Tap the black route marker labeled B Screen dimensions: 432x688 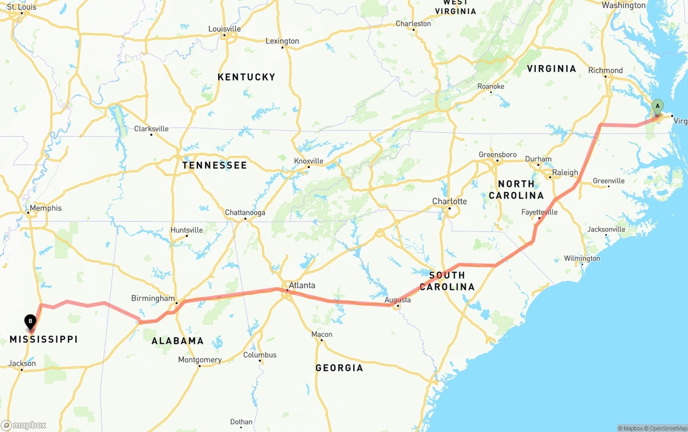coord(31,322)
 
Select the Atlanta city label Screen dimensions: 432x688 coord(302,285)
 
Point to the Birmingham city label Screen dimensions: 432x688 coord(153,298)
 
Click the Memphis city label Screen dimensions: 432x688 coord(46,208)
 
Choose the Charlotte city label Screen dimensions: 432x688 coord(449,201)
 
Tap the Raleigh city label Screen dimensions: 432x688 coord(565,173)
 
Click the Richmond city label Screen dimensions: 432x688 coord(605,70)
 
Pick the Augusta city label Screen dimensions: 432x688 coord(398,300)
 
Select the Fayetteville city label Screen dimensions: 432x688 coord(539,212)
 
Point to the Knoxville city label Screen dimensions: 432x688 coord(309,161)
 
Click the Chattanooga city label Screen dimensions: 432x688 coord(245,213)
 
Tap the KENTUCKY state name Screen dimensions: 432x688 coord(246,77)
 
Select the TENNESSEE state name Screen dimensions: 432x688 coord(214,165)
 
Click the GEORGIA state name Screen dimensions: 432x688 coord(339,368)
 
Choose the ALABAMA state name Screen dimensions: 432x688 coord(177,341)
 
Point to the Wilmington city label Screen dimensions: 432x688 coord(582,259)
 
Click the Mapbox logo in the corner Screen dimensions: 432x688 coord(24,425)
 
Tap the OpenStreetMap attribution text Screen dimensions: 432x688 coord(664,428)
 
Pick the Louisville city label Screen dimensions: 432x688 coord(224,29)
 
